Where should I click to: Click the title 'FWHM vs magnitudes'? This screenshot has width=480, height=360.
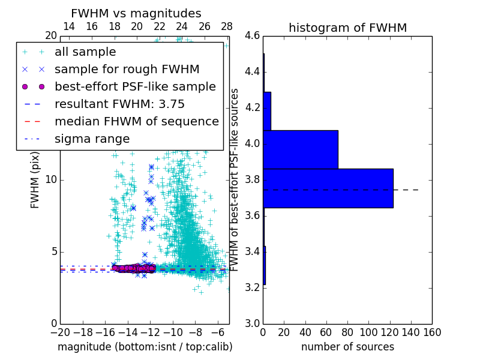pyautogui.click(x=136, y=13)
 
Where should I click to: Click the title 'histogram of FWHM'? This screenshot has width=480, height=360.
pyautogui.click(x=347, y=28)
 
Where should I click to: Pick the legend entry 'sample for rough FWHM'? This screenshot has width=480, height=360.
pyautogui.click(x=127, y=69)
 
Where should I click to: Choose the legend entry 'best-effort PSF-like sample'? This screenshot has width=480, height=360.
pyautogui.click(x=135, y=86)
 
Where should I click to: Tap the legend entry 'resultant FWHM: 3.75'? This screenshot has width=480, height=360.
pyautogui.click(x=119, y=104)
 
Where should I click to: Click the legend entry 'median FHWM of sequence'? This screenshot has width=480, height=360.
pyautogui.click(x=136, y=121)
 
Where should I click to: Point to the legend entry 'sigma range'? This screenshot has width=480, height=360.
pyautogui.click(x=92, y=139)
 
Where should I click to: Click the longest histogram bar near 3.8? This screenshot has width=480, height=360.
pyautogui.click(x=328, y=188)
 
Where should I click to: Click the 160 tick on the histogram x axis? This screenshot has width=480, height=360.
pyautogui.click(x=432, y=331)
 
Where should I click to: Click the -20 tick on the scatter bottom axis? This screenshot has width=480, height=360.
pyautogui.click(x=60, y=331)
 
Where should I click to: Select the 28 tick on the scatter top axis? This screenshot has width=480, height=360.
pyautogui.click(x=227, y=26)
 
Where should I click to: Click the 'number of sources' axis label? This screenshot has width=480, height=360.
pyautogui.click(x=347, y=347)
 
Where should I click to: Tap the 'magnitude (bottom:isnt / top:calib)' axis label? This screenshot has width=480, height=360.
pyautogui.click(x=145, y=347)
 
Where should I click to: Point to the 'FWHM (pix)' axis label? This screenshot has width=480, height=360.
pyautogui.click(x=35, y=180)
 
